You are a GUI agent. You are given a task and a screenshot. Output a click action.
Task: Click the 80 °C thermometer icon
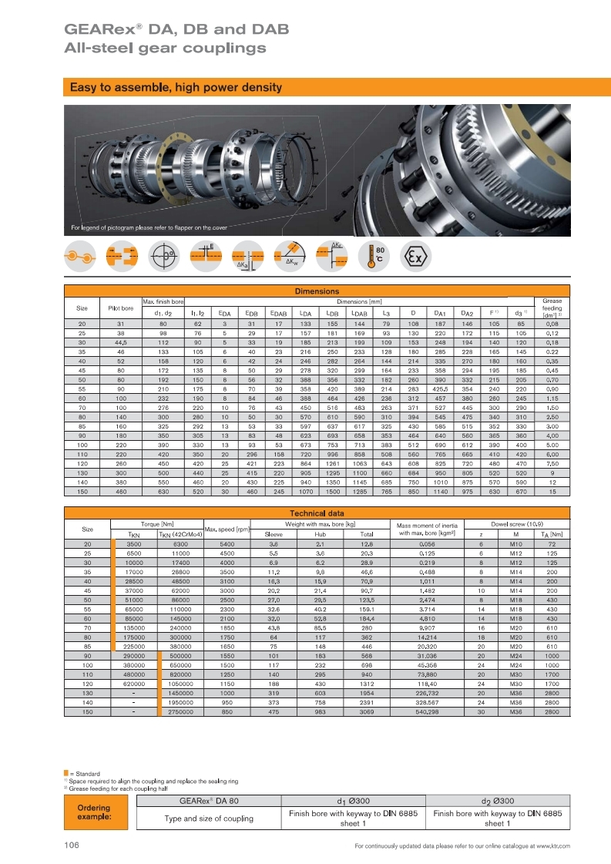pyautogui.click(x=377, y=256)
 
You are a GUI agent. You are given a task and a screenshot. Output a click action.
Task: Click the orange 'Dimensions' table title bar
pyautogui.click(x=317, y=291)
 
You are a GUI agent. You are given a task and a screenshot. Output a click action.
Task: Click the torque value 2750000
pyautogui.click(x=180, y=712)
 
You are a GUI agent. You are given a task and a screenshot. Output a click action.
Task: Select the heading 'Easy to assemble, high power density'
pyautogui.click(x=176, y=88)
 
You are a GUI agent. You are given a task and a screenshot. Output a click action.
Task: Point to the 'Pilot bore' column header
pyautogui.click(x=121, y=308)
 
